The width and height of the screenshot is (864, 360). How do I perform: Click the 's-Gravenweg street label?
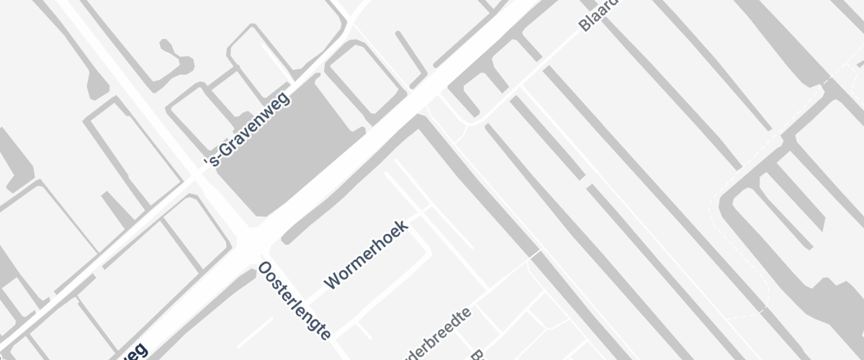pyautogui.click(x=248, y=129)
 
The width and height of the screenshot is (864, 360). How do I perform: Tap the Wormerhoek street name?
pyautogui.click(x=366, y=255)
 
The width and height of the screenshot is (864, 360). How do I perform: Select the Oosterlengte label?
pyautogui.click(x=294, y=301)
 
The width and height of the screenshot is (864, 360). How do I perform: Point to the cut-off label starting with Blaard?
pyautogui.click(x=598, y=16)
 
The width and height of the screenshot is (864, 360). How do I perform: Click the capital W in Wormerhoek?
pyautogui.click(x=333, y=281)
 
